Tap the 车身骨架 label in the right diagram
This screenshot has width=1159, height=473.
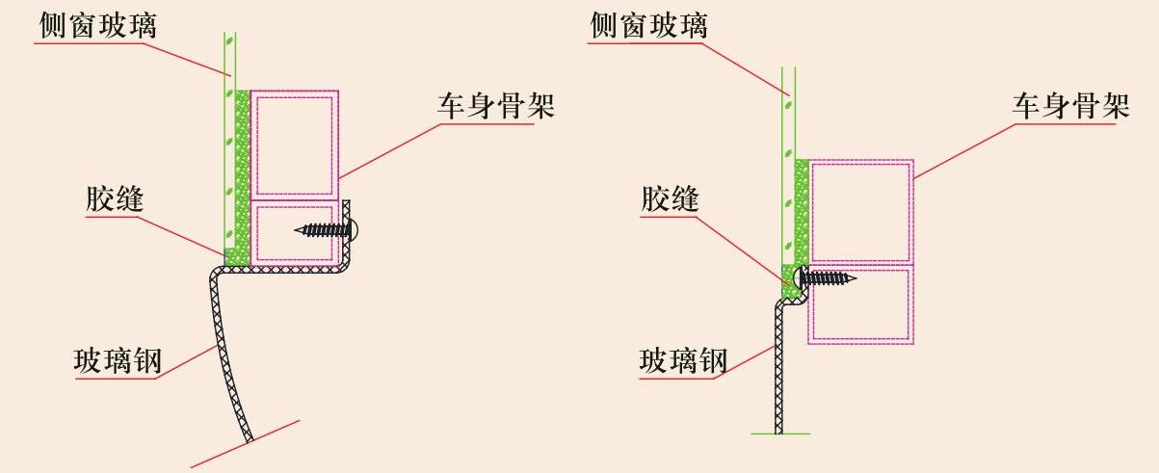point(1070,106)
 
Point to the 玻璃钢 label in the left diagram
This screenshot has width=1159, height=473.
point(117,362)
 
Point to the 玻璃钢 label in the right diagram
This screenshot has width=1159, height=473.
point(683,361)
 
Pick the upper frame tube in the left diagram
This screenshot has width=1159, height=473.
point(294,144)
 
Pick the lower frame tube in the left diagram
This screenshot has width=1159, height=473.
point(294,233)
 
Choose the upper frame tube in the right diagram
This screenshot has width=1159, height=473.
point(860,211)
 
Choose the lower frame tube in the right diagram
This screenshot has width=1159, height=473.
point(860,304)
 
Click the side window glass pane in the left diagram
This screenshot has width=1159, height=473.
point(228,145)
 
